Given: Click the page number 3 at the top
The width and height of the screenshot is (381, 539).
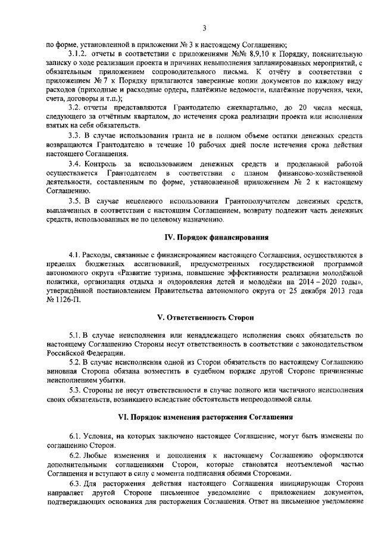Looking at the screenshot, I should pyautogui.click(x=204, y=27).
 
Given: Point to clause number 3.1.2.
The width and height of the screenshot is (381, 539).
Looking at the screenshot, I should pyautogui.click(x=79, y=54).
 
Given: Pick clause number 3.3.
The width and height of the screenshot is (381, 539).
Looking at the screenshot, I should pyautogui.click(x=75, y=136).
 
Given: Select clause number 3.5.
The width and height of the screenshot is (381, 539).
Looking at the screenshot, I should pyautogui.click(x=75, y=200).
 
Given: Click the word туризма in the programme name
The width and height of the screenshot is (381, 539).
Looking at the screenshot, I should pyautogui.click(x=153, y=272).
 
